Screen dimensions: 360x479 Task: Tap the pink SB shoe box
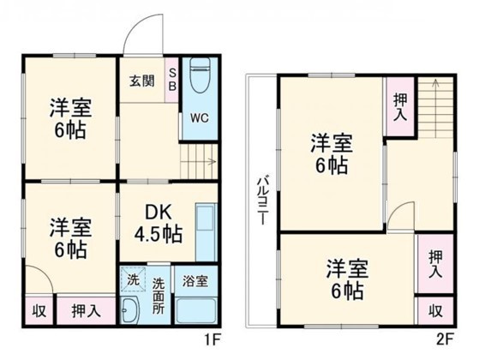click(171, 79)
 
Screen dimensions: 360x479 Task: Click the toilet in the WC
click(199, 75)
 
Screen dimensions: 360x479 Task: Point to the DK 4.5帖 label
click(157, 221)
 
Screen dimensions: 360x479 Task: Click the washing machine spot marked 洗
click(132, 279)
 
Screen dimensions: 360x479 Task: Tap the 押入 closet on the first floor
click(83, 310)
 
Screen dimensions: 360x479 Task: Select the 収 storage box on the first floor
click(39, 310)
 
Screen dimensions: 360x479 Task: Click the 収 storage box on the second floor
click(434, 310)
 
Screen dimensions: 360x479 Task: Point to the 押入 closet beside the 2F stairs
click(399, 104)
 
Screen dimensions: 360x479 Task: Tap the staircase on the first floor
click(199, 160)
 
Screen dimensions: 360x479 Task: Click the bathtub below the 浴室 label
click(196, 310)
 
